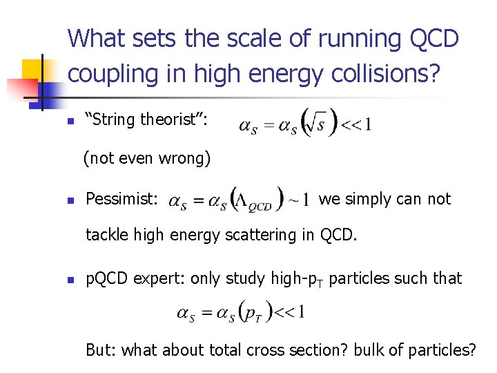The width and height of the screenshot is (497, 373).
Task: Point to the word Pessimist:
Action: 122,199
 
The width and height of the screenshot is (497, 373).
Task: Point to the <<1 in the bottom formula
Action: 289,312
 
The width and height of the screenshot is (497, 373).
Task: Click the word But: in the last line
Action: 101,350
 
